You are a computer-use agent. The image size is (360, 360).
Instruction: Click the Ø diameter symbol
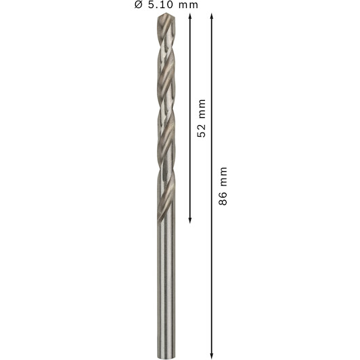pyautogui.click(x=139, y=5)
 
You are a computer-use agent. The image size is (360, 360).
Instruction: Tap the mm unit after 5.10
pyautogui.click(x=188, y=5)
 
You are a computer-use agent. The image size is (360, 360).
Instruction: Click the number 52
pyautogui.click(x=202, y=131)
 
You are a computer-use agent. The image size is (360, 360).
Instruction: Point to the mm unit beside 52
pyautogui.click(x=202, y=109)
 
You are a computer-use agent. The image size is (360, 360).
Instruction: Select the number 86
pyautogui.click(x=223, y=198)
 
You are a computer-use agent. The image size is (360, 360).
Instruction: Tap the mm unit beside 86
pyautogui.click(x=223, y=177)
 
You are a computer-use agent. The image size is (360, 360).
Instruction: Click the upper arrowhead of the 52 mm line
pyautogui.click(x=190, y=16)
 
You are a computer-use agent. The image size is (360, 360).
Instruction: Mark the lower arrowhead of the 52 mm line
pyautogui.click(x=190, y=221)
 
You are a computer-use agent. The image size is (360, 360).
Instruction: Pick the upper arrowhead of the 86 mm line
pyautogui.click(x=212, y=16)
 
